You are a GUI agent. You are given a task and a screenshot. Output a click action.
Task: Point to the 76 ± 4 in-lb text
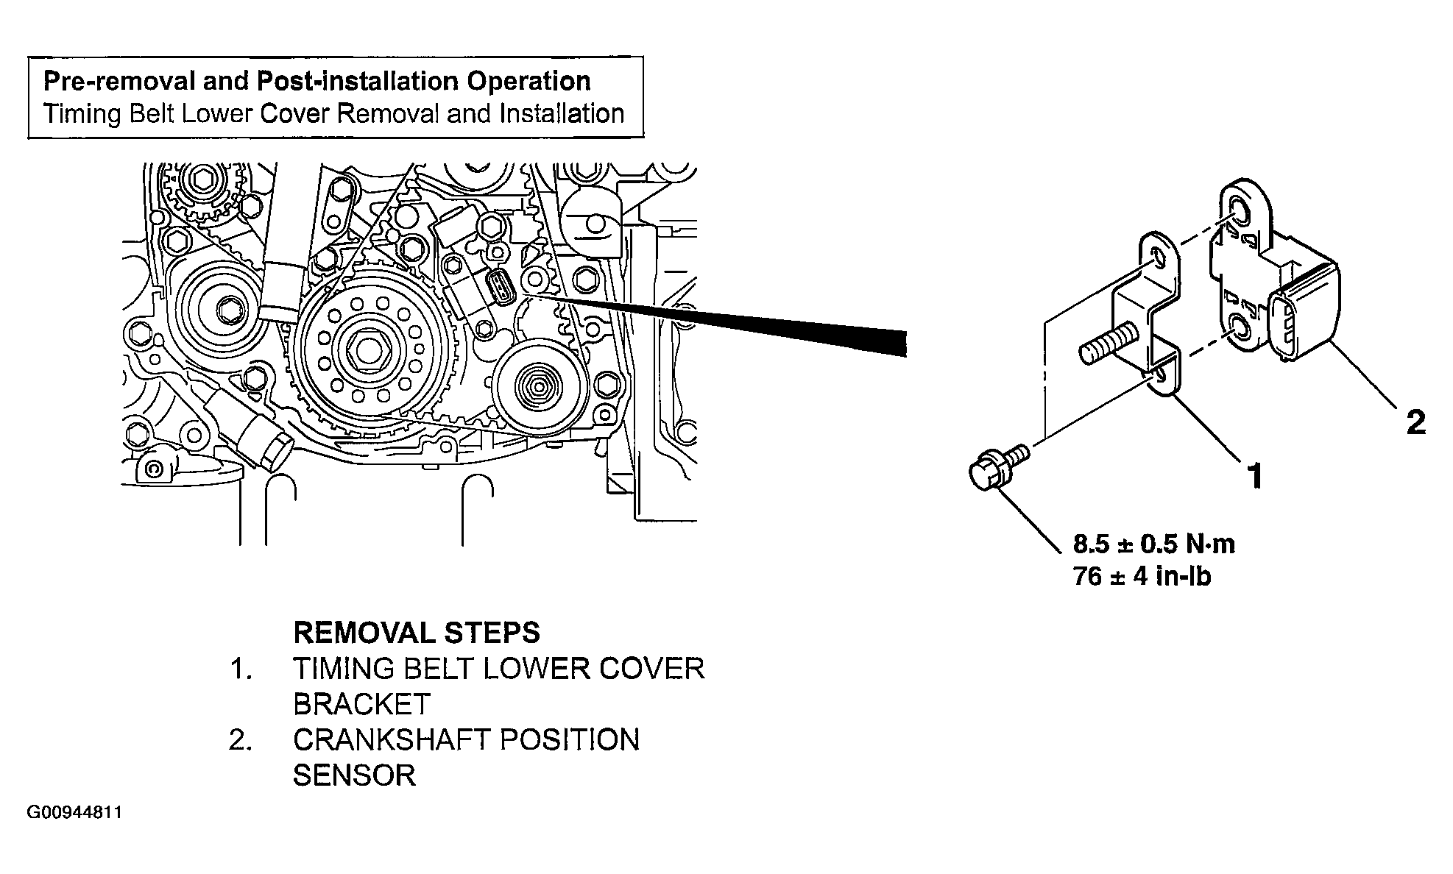[x=1142, y=576]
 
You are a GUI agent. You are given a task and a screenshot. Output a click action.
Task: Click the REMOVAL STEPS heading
[x=417, y=633]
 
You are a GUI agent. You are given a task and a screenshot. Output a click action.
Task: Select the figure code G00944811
[x=74, y=813]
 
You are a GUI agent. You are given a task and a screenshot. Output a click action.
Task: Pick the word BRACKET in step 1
[x=361, y=704]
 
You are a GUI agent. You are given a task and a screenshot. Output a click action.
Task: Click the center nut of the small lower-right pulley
[x=537, y=383]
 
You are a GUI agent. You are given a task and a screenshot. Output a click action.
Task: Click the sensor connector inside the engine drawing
[x=499, y=288]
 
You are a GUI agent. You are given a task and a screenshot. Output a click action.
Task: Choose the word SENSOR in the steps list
[x=354, y=775]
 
